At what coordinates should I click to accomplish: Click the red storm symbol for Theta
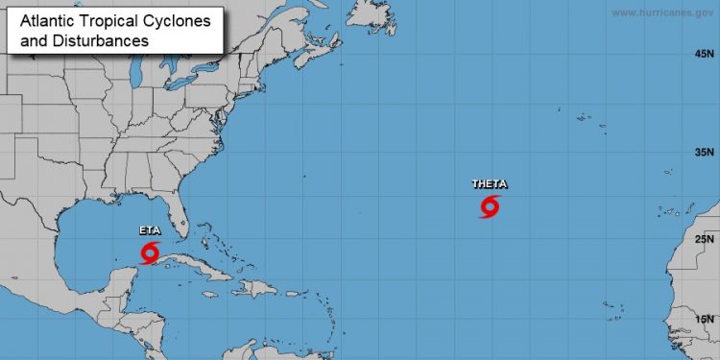click(491, 206)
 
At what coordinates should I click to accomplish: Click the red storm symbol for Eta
click(150, 252)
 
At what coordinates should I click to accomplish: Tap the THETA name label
click(490, 184)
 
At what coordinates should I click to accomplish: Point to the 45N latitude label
click(705, 55)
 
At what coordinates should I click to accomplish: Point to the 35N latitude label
click(705, 153)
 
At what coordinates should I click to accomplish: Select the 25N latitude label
click(705, 239)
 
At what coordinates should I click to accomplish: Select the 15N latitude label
click(705, 319)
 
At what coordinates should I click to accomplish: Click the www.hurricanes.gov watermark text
click(661, 13)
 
